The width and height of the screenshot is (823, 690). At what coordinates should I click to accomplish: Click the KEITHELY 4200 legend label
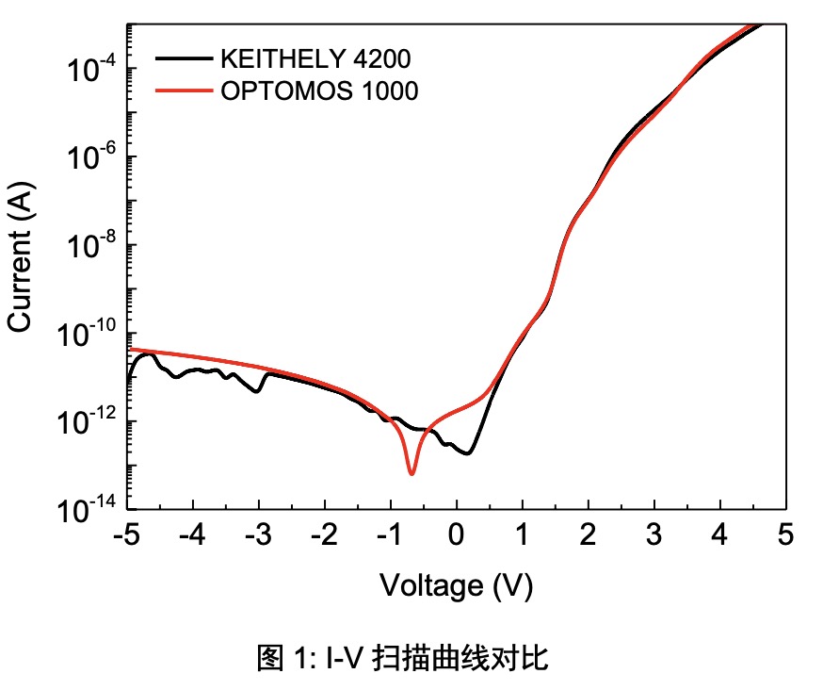coord(315,60)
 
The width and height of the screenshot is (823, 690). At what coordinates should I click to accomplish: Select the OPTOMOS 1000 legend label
coord(319,91)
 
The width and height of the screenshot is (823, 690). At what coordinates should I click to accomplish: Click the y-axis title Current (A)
coord(21,257)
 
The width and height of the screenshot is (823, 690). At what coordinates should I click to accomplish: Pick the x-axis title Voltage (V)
coord(457,586)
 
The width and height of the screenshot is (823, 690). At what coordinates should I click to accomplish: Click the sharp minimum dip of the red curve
coord(411,472)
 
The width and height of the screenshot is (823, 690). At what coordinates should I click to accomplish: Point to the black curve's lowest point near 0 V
coord(466,453)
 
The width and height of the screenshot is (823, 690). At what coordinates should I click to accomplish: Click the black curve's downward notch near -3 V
coord(257,391)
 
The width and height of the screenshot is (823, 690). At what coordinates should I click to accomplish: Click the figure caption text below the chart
coord(402,658)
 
